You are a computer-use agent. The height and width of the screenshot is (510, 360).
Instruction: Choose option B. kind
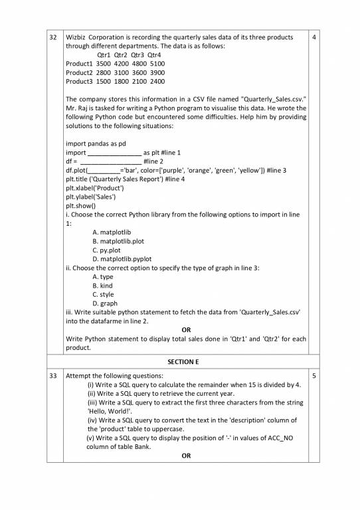click(x=102, y=286)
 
